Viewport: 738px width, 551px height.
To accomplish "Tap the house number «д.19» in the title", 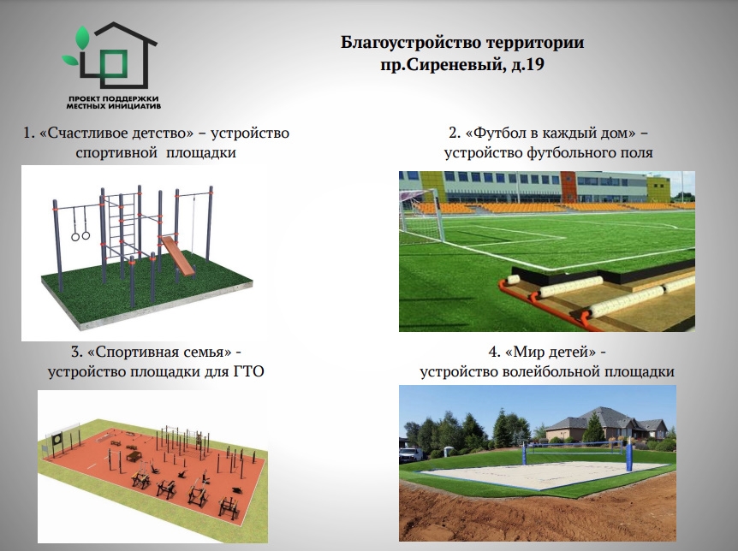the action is coord(528,64).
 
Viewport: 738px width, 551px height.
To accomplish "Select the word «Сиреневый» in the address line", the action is coord(455,64).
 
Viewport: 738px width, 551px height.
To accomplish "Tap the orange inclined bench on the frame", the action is coord(178,255).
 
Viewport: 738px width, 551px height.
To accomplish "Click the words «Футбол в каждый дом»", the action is coord(551,133).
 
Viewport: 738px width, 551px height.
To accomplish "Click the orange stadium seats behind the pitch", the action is coord(541,207).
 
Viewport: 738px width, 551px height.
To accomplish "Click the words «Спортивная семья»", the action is coord(160,352).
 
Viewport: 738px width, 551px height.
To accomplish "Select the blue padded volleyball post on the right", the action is coord(628,454).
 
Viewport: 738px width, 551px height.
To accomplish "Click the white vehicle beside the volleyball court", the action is coord(411,455).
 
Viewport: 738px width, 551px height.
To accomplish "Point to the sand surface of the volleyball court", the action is coord(541,474).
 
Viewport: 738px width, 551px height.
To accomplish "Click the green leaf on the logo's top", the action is coord(83,39).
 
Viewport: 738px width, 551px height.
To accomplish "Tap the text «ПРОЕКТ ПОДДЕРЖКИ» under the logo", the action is coord(113,99).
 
